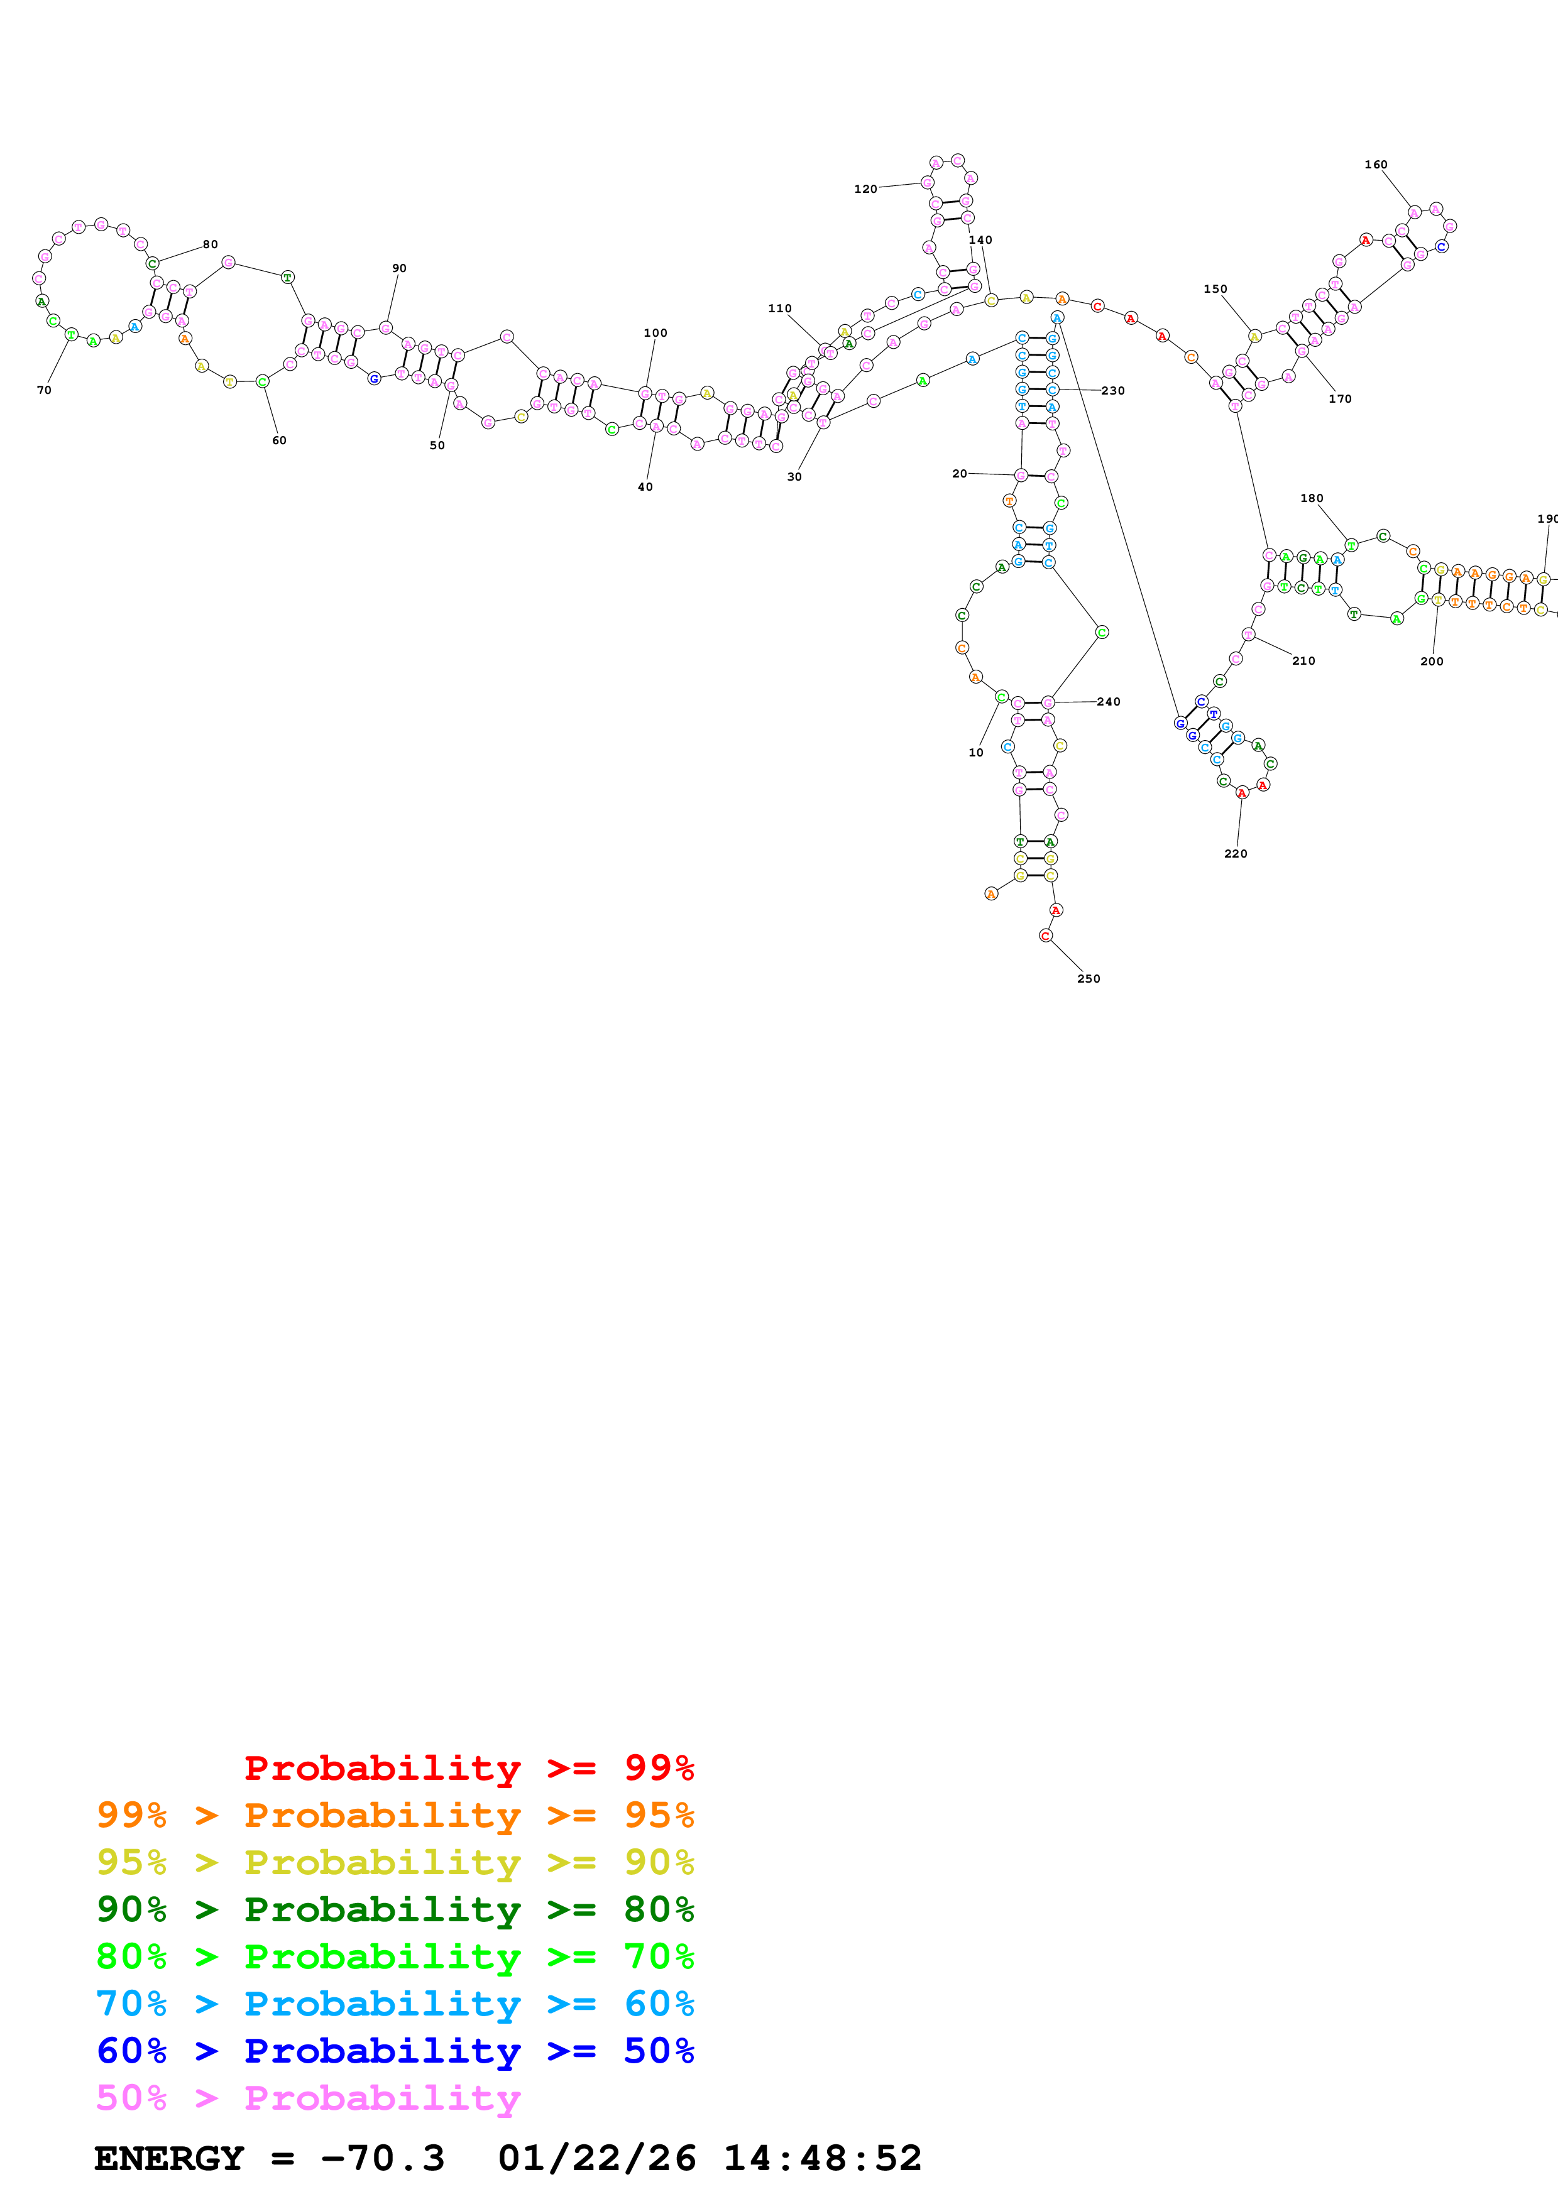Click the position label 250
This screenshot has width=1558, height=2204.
(x=1088, y=978)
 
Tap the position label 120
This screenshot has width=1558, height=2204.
(x=865, y=189)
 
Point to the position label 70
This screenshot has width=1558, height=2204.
(x=44, y=390)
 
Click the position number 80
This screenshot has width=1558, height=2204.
(x=211, y=245)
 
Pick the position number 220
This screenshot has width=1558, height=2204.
(x=1236, y=853)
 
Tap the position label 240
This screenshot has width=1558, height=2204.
(x=1109, y=702)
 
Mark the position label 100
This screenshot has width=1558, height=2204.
(x=656, y=333)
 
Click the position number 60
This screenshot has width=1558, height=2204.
(x=279, y=440)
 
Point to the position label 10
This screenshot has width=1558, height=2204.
(x=976, y=753)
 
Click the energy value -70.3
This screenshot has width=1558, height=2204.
(x=382, y=2158)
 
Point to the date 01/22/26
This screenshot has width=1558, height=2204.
(x=597, y=2158)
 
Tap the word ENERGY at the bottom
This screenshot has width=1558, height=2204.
(x=169, y=2158)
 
